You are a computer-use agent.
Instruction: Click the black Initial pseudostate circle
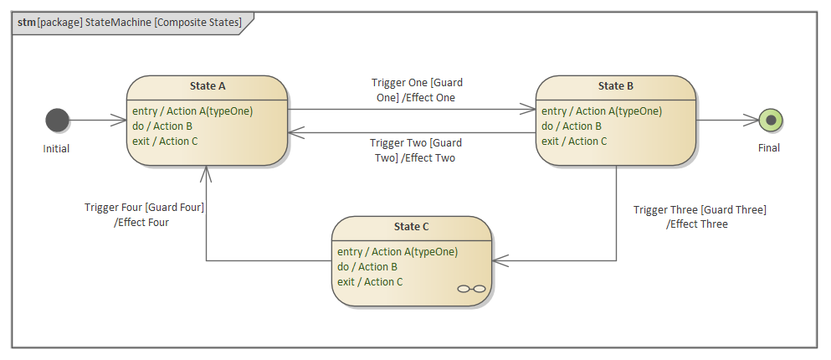coord(57,121)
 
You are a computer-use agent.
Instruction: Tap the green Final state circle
coord(770,121)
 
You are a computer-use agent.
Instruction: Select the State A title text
coord(208,85)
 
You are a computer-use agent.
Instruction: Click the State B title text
coord(615,85)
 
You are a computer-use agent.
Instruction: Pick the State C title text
coord(411,227)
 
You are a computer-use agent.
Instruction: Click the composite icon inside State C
coord(471,289)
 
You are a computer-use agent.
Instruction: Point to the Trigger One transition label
coord(417,90)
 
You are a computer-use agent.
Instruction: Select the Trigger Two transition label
coord(416,150)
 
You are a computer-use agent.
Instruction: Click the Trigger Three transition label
coord(699,217)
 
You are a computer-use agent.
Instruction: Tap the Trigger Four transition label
coord(144,214)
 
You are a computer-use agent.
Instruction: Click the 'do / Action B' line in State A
coord(162,126)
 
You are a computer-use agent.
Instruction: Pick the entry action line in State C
coord(398,252)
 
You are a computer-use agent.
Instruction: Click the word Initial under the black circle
coord(56,149)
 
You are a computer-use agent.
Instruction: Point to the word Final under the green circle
coord(768,148)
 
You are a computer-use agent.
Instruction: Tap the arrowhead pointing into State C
coord(500,261)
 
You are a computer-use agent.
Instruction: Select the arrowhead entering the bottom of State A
coord(206,172)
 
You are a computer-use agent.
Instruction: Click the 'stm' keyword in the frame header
coord(26,23)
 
